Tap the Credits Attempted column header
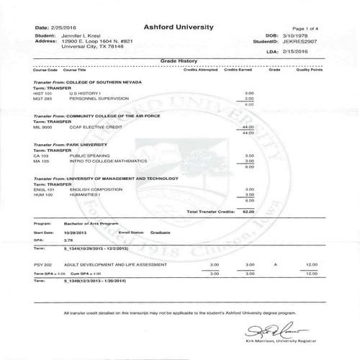pos(200,71)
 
